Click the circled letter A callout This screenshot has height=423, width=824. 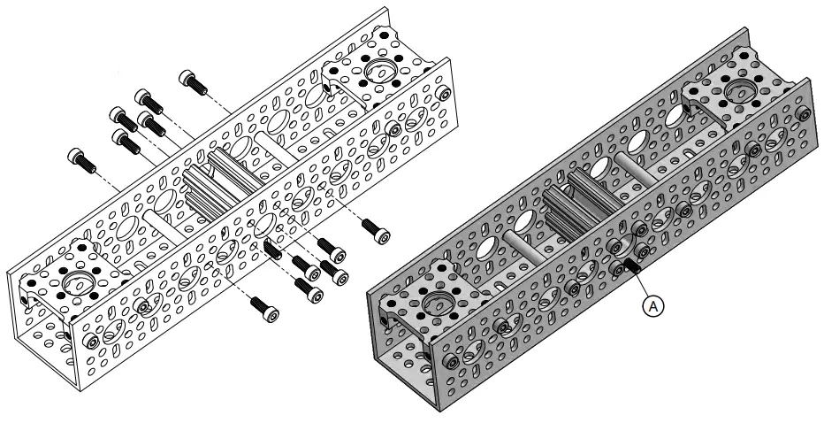tap(653, 305)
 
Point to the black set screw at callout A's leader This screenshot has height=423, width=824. tap(631, 265)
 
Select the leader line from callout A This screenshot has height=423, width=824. tap(640, 281)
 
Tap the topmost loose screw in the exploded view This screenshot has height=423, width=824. tap(193, 81)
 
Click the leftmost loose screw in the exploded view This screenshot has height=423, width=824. tap(81, 160)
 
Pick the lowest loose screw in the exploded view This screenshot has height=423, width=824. tap(264, 309)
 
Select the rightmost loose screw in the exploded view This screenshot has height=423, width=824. tap(377, 231)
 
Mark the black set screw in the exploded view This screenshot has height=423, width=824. tap(271, 249)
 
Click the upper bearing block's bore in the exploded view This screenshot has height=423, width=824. tap(383, 71)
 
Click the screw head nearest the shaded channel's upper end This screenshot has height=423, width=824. tap(802, 113)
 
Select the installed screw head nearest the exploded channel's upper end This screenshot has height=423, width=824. tap(444, 94)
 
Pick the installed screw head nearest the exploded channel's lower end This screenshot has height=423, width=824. tap(91, 342)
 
